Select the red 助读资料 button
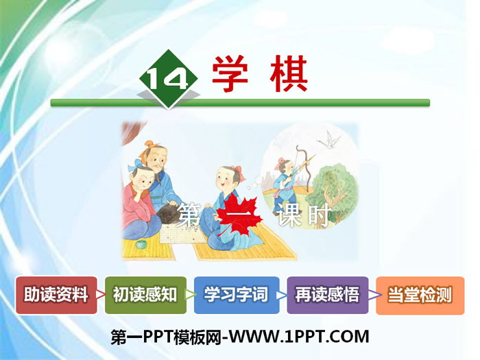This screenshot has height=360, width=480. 56,296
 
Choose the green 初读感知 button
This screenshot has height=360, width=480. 145,296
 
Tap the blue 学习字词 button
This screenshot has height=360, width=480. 237,296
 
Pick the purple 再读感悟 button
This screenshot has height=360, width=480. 327,296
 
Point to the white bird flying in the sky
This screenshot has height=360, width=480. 333,139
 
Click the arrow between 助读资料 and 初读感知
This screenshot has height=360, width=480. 101,296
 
